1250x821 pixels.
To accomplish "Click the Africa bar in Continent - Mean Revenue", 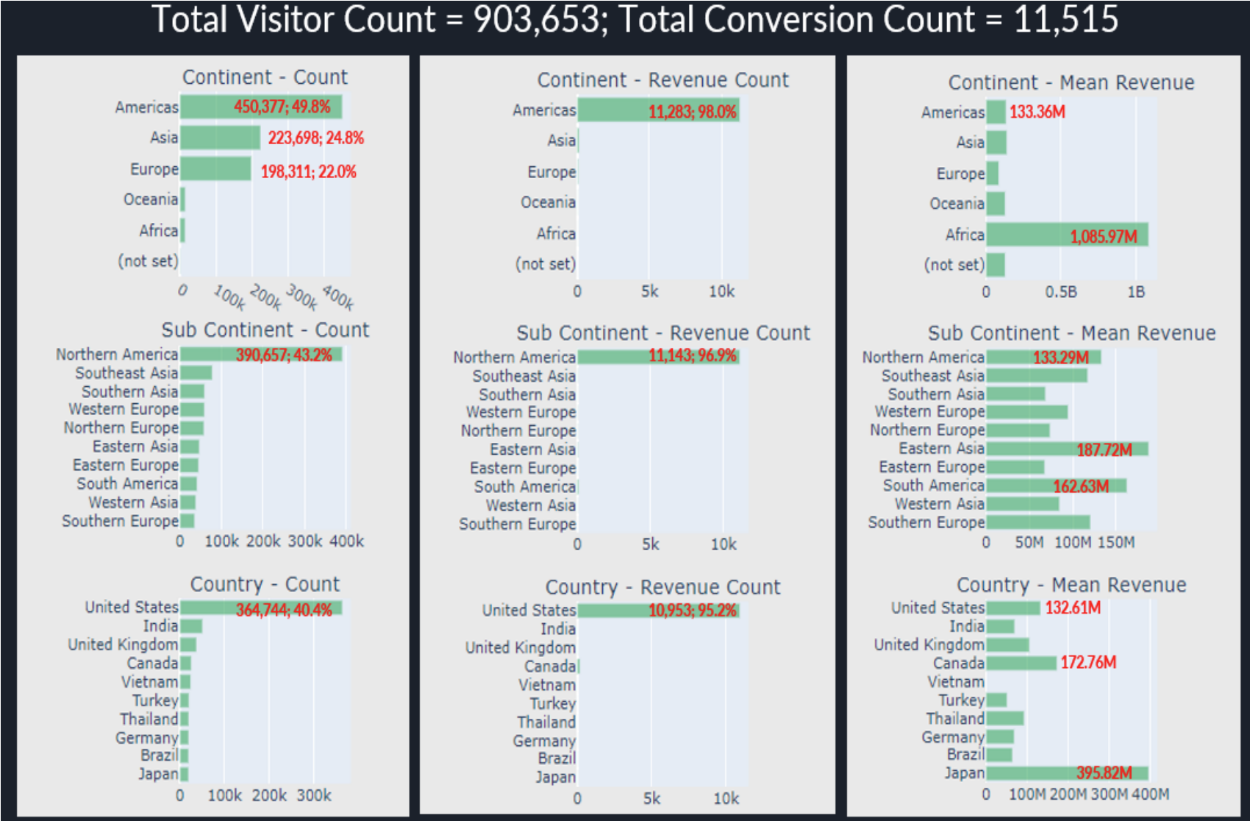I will click(x=1066, y=235).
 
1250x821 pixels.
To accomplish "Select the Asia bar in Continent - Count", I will click(x=220, y=138).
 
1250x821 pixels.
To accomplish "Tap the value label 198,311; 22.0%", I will click(x=308, y=171).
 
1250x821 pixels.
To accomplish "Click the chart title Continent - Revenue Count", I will click(x=662, y=79).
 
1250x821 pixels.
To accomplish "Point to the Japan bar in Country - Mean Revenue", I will click(x=1066, y=773).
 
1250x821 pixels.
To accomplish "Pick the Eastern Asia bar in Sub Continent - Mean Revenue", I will click(x=1066, y=449).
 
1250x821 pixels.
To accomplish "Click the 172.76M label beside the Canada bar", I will click(x=1088, y=663).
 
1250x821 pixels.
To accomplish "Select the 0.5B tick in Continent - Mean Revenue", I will click(x=1061, y=292).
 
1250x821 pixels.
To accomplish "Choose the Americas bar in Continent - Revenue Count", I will click(x=658, y=111).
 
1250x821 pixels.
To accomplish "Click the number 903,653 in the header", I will click(x=536, y=19).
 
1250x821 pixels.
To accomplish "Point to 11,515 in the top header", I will click(x=1066, y=19).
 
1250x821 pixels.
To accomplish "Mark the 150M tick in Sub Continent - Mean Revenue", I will click(x=1116, y=543).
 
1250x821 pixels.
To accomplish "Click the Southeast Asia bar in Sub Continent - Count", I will click(x=196, y=373).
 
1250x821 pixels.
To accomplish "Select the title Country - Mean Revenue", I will click(x=1071, y=585).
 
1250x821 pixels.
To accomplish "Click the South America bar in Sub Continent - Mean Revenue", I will click(x=1056, y=486).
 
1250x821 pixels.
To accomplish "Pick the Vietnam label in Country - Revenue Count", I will click(x=546, y=685).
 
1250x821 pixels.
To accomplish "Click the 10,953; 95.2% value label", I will click(x=692, y=611).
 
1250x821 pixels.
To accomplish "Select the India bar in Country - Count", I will click(x=191, y=627).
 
